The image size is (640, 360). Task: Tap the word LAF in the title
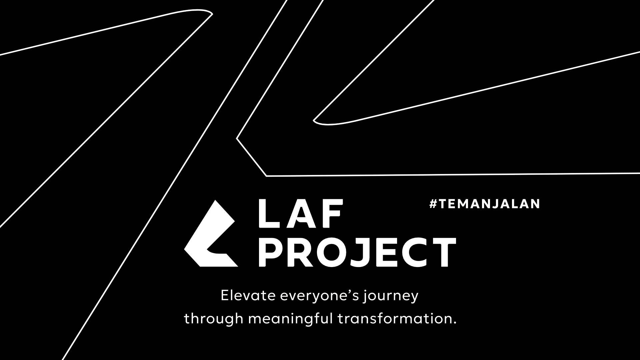tap(301, 214)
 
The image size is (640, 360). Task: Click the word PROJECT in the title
tap(357, 252)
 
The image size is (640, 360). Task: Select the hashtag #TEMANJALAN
tap(485, 204)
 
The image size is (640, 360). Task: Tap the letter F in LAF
tap(332, 214)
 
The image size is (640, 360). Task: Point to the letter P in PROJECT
tap(270, 252)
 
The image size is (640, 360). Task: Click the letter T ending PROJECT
tap(443, 252)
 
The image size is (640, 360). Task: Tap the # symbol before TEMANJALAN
tap(433, 204)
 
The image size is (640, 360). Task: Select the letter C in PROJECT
tap(413, 252)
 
